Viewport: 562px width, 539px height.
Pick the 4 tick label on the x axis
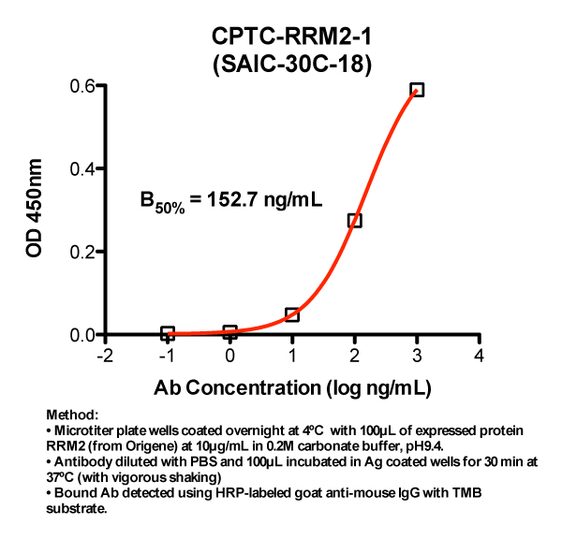pos(480,356)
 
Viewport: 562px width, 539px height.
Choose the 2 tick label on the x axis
pos(354,356)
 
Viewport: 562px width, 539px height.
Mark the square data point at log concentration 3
pos(417,90)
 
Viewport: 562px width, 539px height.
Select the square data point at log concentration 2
pos(354,221)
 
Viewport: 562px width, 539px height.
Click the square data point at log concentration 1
pos(292,314)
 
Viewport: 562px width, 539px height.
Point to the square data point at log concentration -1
pos(168,333)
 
